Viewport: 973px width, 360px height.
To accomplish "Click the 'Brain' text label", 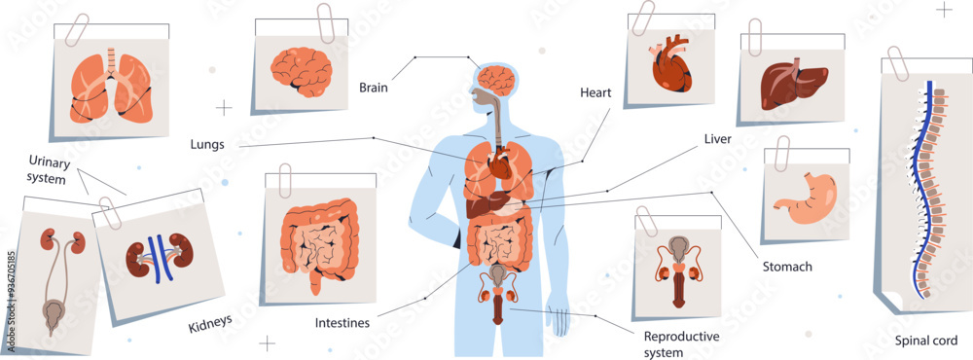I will click(374, 88).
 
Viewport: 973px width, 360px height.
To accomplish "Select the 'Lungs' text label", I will click(208, 145).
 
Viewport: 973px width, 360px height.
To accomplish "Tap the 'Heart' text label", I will click(595, 92).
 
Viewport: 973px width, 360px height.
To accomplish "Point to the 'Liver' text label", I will click(717, 139).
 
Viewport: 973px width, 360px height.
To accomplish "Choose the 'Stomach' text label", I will click(787, 266).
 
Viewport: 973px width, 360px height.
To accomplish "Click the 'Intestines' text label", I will click(342, 323).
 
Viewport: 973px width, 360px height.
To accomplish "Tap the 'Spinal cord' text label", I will click(926, 341).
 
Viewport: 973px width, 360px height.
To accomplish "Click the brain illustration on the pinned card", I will click(303, 71).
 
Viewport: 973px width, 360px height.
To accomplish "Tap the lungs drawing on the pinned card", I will click(112, 89).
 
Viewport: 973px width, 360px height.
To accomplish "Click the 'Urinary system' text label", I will click(48, 169).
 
